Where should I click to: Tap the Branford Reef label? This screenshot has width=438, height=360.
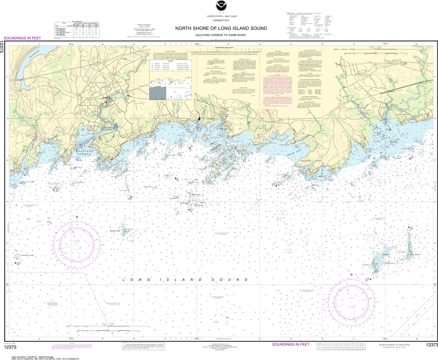(115, 231)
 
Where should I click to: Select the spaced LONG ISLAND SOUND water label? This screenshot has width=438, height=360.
(184, 279)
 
